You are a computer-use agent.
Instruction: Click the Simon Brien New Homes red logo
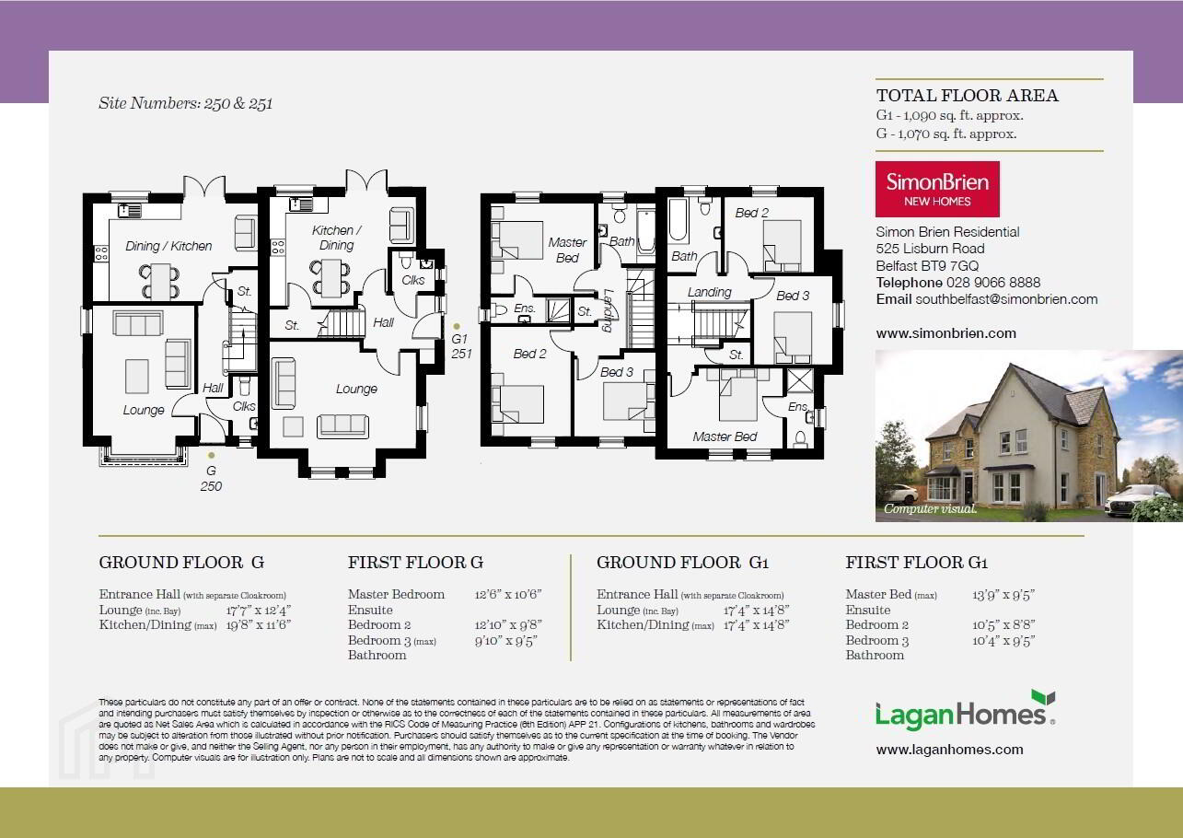937,189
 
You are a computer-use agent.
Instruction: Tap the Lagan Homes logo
965,711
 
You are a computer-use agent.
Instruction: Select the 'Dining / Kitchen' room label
168,246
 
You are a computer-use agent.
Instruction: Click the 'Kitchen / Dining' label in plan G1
336,238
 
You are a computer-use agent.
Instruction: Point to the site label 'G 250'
211,478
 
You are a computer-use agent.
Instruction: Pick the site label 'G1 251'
461,346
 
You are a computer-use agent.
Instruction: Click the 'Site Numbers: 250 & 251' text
185,103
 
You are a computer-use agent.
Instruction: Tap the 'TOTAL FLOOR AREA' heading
968,96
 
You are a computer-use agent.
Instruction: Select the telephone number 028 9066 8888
993,283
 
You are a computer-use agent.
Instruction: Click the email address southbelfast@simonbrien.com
1006,299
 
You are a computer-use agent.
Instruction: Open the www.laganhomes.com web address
949,750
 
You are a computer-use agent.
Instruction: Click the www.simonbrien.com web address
945,333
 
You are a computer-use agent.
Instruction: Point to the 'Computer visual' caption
931,509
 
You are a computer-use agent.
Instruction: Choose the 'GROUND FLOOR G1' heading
683,563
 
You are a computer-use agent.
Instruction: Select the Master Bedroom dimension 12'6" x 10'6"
508,594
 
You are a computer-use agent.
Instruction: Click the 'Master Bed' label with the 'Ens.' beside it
725,437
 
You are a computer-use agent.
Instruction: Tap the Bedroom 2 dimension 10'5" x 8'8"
1003,625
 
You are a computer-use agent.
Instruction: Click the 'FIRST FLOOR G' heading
415,563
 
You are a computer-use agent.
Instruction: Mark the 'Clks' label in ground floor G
244,406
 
